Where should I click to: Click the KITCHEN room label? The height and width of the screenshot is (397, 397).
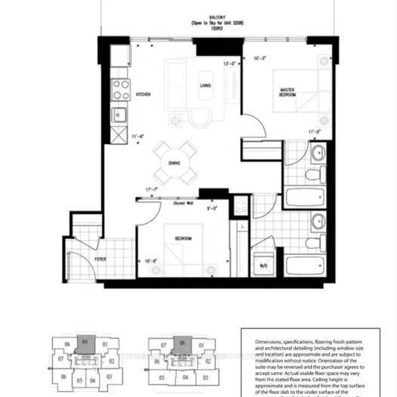click(143, 95)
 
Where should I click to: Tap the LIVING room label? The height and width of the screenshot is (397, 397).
click(204, 86)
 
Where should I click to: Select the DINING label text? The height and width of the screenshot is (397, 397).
click(174, 163)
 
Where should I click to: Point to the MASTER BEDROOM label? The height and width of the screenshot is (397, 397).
click(287, 97)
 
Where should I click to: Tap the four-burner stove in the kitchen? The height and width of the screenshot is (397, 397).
click(121, 91)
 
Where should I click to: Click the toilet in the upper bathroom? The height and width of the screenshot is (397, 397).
click(312, 174)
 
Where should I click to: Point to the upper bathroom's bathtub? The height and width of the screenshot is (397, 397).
click(307, 199)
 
